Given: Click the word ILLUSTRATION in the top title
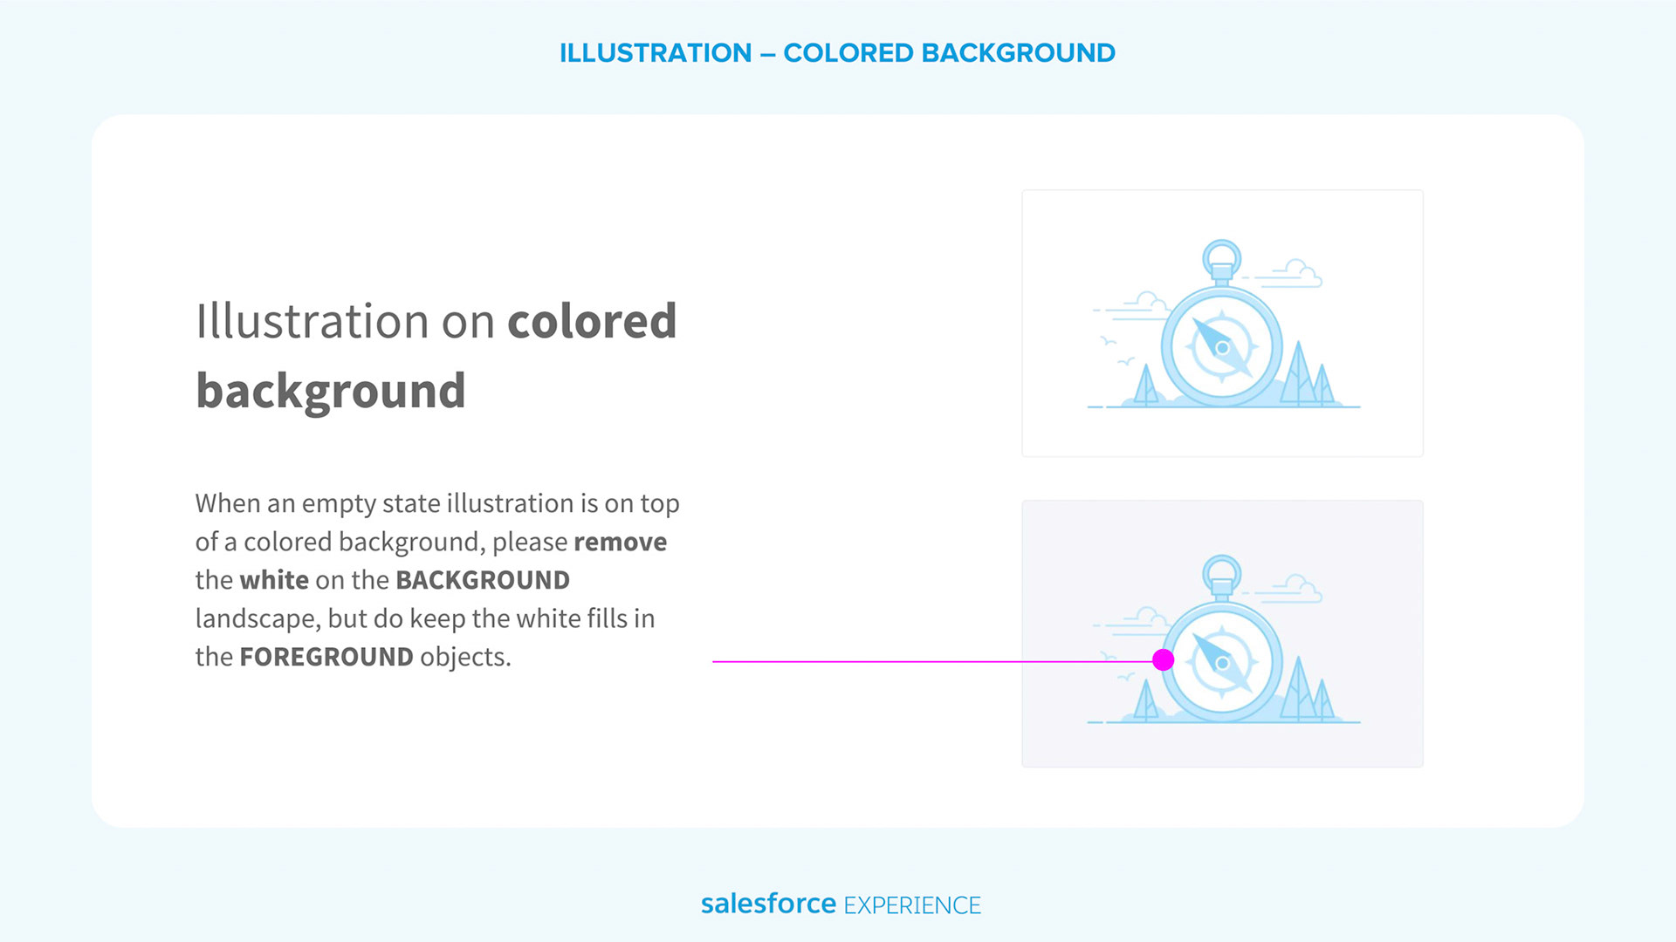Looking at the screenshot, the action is click(x=656, y=53).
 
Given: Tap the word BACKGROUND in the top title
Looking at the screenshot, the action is click(x=1019, y=53).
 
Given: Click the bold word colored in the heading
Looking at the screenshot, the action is click(x=592, y=321).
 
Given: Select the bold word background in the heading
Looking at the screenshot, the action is click(x=331, y=392).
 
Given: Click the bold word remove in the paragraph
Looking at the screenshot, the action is click(x=621, y=543).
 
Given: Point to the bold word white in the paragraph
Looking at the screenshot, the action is click(x=274, y=580).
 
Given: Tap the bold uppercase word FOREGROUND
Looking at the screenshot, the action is click(x=326, y=657).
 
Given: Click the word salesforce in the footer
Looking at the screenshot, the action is click(x=768, y=904).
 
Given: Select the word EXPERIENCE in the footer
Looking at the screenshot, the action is click(x=912, y=905).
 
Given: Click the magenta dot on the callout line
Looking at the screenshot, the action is click(x=1163, y=660).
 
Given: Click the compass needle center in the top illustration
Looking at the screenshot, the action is click(x=1222, y=348).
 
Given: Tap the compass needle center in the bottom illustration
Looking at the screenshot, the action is click(x=1222, y=664).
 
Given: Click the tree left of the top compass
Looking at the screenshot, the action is click(x=1145, y=386).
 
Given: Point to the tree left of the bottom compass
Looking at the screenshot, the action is click(x=1145, y=701).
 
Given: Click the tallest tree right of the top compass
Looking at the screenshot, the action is click(x=1299, y=375).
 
